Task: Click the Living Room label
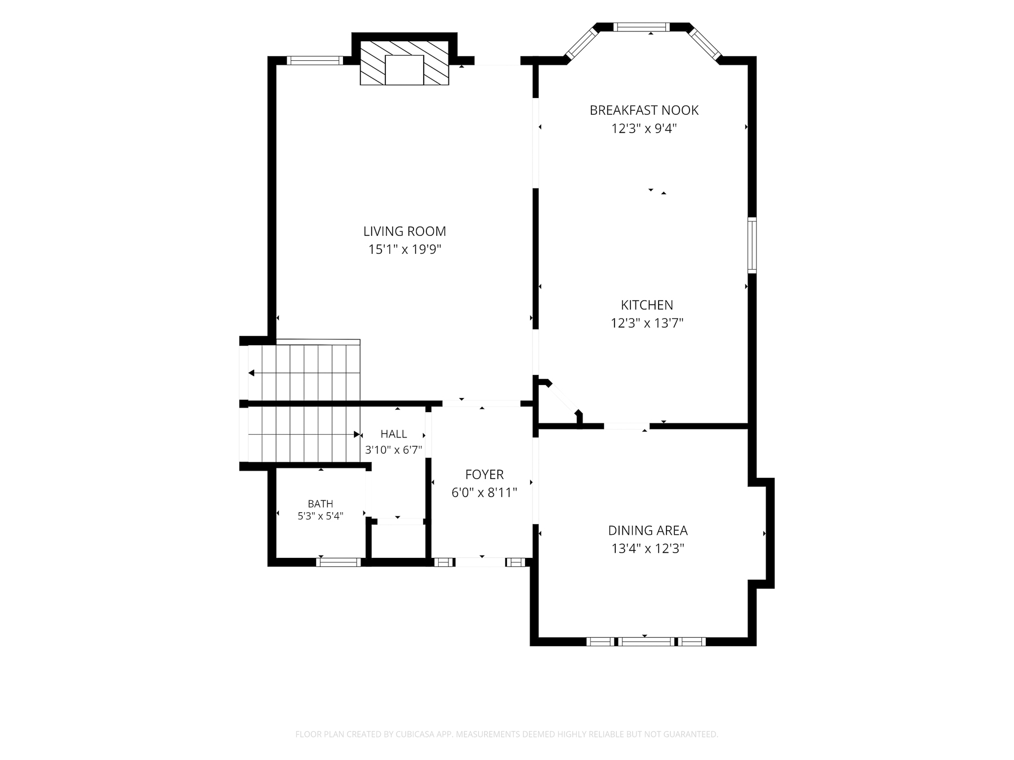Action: (x=404, y=231)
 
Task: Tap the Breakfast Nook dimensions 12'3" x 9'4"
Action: (x=644, y=128)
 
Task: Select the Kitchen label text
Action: (x=647, y=305)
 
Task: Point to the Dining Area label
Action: (x=648, y=530)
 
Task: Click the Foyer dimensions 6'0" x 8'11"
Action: (x=484, y=493)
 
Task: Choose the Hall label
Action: (x=394, y=434)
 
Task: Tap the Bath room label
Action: (x=321, y=504)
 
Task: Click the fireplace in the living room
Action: (x=404, y=62)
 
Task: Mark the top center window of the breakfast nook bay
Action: (x=642, y=26)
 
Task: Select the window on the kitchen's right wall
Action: (x=752, y=245)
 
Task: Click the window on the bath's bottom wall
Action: (x=338, y=562)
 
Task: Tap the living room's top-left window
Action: (x=315, y=61)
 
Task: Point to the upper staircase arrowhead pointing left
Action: (x=251, y=373)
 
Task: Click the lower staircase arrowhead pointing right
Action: (x=357, y=434)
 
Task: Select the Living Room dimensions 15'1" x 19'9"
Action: (x=404, y=249)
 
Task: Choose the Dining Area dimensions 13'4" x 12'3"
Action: (x=648, y=548)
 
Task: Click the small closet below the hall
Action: (x=398, y=542)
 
